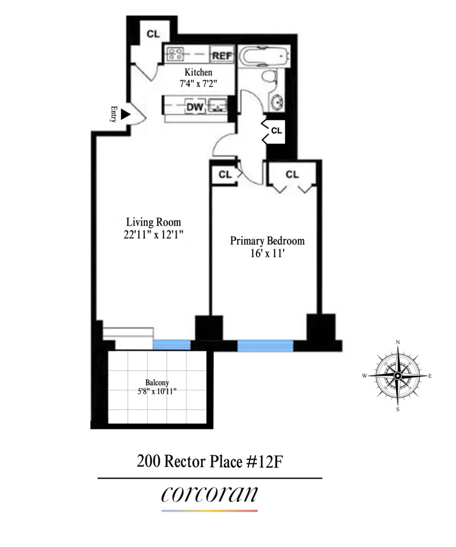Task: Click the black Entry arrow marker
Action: click(125, 114)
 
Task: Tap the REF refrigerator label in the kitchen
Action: click(222, 55)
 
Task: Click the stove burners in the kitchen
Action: click(176, 54)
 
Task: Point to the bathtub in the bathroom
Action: click(262, 57)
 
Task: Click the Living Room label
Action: click(153, 222)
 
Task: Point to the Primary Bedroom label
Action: click(267, 241)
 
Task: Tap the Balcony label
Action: click(156, 382)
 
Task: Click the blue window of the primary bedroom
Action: click(265, 345)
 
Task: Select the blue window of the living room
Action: click(171, 344)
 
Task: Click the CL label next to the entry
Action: click(153, 34)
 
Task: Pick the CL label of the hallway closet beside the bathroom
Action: click(277, 131)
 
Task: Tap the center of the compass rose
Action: click(397, 376)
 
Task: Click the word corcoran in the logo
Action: click(209, 493)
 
